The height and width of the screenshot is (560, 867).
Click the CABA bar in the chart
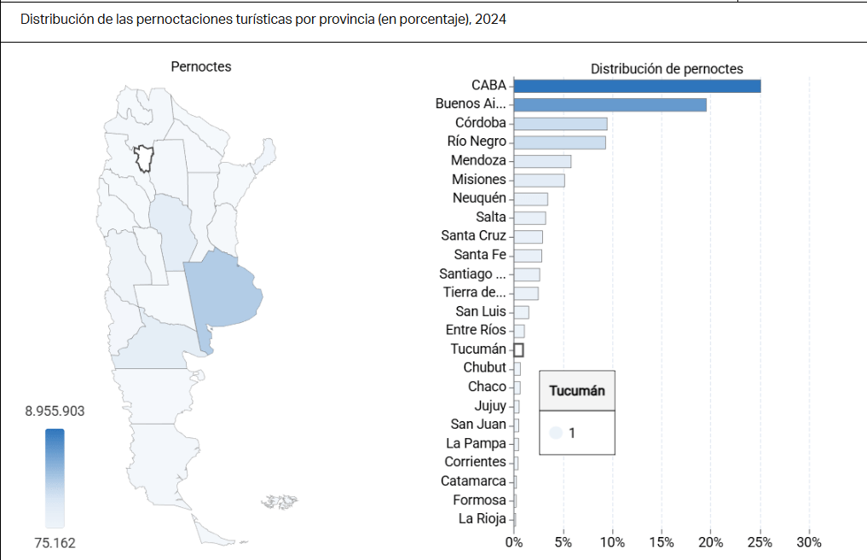click(x=637, y=85)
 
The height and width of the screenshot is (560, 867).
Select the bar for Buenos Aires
click(x=610, y=104)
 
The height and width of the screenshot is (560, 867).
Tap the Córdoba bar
click(x=560, y=124)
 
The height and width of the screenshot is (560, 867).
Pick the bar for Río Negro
click(x=559, y=142)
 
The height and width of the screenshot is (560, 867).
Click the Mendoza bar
click(x=542, y=161)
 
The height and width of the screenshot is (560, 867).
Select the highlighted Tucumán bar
click(x=518, y=349)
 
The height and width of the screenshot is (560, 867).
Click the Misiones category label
click(x=478, y=179)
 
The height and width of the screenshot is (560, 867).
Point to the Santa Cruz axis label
click(x=473, y=235)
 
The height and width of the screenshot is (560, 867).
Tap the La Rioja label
click(x=482, y=518)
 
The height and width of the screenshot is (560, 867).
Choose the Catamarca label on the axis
click(x=473, y=481)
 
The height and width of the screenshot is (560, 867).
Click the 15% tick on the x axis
click(x=661, y=542)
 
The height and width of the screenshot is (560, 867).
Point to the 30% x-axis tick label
click(x=808, y=542)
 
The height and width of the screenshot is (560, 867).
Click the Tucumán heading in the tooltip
click(x=577, y=391)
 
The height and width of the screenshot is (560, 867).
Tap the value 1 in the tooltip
click(x=572, y=433)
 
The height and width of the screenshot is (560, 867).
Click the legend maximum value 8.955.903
click(x=55, y=411)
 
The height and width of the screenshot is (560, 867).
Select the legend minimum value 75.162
click(x=55, y=542)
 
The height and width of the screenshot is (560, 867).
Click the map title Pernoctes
click(x=200, y=66)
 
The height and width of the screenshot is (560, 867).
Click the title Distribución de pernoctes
click(x=667, y=69)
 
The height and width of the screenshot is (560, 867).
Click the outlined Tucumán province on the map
click(x=143, y=159)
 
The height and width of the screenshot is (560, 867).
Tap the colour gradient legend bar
click(x=55, y=477)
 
